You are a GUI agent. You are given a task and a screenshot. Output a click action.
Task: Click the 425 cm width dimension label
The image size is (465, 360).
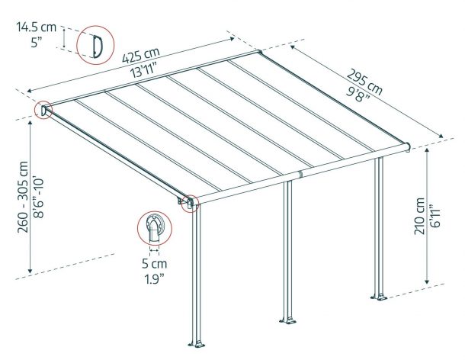coord(141,55)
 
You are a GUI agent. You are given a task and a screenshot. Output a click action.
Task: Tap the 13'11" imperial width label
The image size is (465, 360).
coord(144,71)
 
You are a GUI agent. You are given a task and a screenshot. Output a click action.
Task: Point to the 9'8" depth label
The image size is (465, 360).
coord(358,94)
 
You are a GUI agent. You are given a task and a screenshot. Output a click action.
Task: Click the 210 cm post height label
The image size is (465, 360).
coord(420,216)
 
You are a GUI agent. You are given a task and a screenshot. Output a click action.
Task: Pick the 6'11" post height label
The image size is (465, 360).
coord(435,216)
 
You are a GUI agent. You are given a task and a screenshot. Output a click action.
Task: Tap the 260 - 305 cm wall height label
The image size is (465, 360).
coord(23,197)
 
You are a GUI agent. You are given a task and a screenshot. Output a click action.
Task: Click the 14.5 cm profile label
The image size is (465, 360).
coord(36,27)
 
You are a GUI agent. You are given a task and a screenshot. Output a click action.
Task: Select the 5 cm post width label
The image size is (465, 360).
coord(154,264)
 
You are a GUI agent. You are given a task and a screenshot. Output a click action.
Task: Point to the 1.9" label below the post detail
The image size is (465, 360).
coord(154,279)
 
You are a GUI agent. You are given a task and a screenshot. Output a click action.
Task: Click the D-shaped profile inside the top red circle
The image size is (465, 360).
coord(97,47)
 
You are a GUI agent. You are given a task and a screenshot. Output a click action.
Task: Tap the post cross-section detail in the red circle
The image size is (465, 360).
coord(154,228)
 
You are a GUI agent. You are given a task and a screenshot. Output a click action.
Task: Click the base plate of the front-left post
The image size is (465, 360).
coord(197,345)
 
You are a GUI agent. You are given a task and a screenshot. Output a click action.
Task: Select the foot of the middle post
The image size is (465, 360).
coord(287,321)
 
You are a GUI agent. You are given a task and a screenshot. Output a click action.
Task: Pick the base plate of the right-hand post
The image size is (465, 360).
coord(379,297)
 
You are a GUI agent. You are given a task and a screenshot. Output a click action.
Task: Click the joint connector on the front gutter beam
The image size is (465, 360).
coord(300,174)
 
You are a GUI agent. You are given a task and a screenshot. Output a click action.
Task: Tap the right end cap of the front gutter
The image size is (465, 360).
coord(409,147)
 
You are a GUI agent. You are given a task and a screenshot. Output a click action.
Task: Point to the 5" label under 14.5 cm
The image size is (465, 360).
coord(36,43)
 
